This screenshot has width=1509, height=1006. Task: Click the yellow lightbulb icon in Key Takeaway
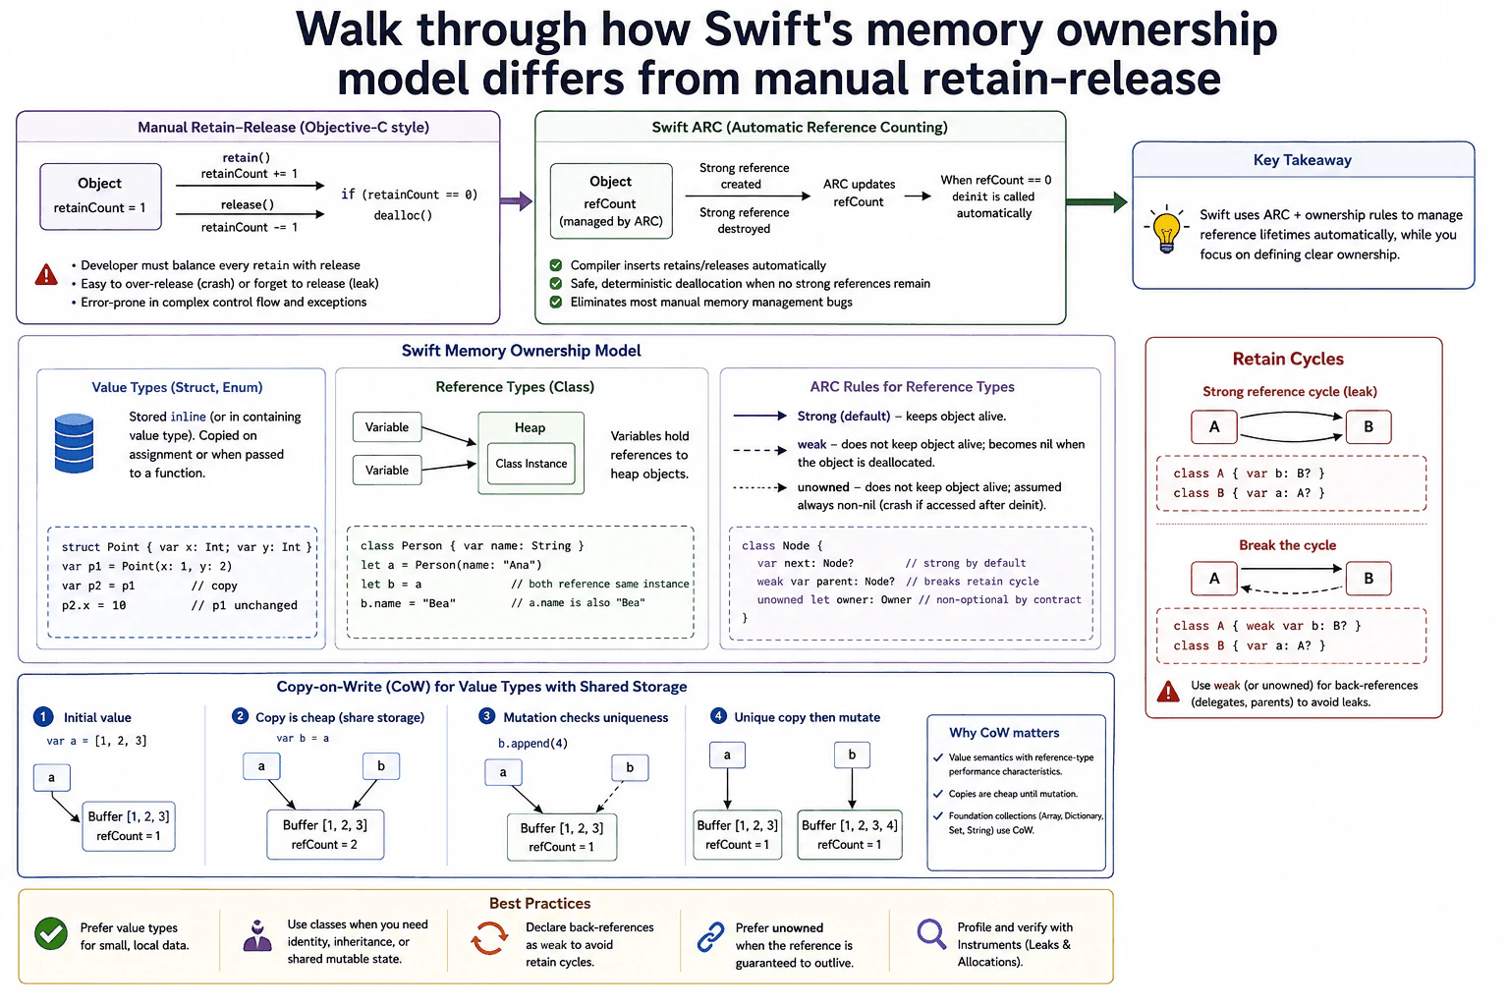(1167, 230)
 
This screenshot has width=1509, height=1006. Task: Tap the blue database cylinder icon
(74, 443)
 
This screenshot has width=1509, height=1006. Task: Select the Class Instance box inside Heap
(531, 464)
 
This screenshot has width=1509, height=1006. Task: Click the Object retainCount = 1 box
(100, 196)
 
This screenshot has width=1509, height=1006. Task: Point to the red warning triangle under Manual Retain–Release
(46, 275)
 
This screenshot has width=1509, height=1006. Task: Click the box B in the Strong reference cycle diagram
(1369, 426)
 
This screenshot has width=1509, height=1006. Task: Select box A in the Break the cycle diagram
(1214, 578)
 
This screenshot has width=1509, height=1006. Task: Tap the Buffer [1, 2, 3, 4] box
(850, 834)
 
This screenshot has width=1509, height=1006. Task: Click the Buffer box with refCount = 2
(325, 834)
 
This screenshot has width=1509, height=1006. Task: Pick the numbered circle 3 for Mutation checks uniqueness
(486, 716)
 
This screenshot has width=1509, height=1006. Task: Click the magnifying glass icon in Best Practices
(931, 934)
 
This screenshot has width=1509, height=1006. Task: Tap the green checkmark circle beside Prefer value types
(51, 934)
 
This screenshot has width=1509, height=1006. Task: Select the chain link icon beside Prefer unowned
(710, 936)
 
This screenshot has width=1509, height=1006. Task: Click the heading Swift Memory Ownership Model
(522, 351)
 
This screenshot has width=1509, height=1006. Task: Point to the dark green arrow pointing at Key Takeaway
(1096, 201)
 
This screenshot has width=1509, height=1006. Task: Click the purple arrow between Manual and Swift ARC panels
(517, 200)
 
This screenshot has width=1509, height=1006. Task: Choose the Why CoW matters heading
(1004, 733)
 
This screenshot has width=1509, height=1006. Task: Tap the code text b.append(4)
(532, 744)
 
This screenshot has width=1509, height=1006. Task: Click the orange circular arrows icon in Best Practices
(490, 938)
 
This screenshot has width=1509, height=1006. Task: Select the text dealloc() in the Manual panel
(403, 215)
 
